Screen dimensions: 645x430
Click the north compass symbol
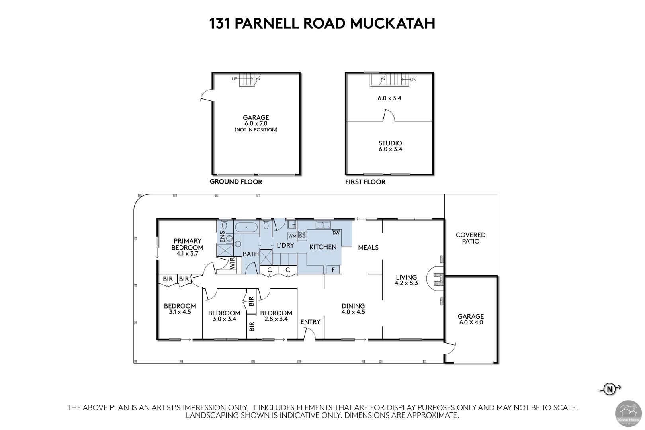pyautogui.click(x=610, y=389)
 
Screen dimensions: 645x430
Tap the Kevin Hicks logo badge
pyautogui.click(x=628, y=413)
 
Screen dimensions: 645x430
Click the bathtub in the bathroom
pyautogui.click(x=246, y=227)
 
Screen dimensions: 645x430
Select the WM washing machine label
pyautogui.click(x=292, y=236)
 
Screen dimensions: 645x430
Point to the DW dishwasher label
pyautogui.click(x=336, y=233)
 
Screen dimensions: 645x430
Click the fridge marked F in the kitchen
pyautogui.click(x=333, y=269)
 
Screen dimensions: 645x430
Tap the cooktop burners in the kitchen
pyautogui.click(x=302, y=235)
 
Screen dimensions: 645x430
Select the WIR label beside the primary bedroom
pyautogui.click(x=232, y=263)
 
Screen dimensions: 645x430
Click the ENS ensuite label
pyautogui.click(x=222, y=237)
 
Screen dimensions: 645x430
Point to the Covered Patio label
pyautogui.click(x=471, y=238)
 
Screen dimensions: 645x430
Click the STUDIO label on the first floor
pyautogui.click(x=390, y=143)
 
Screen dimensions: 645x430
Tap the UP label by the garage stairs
pyautogui.click(x=235, y=78)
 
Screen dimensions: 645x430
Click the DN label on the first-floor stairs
pyautogui.click(x=413, y=80)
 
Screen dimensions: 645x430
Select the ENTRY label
pyautogui.click(x=310, y=322)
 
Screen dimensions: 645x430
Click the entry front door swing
pyautogui.click(x=311, y=332)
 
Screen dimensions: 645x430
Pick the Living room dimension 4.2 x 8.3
pyautogui.click(x=406, y=283)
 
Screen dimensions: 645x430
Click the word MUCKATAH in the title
pyautogui.click(x=393, y=23)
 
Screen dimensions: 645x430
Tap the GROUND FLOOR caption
pyautogui.click(x=236, y=182)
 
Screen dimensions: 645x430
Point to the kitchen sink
pyautogui.click(x=323, y=225)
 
